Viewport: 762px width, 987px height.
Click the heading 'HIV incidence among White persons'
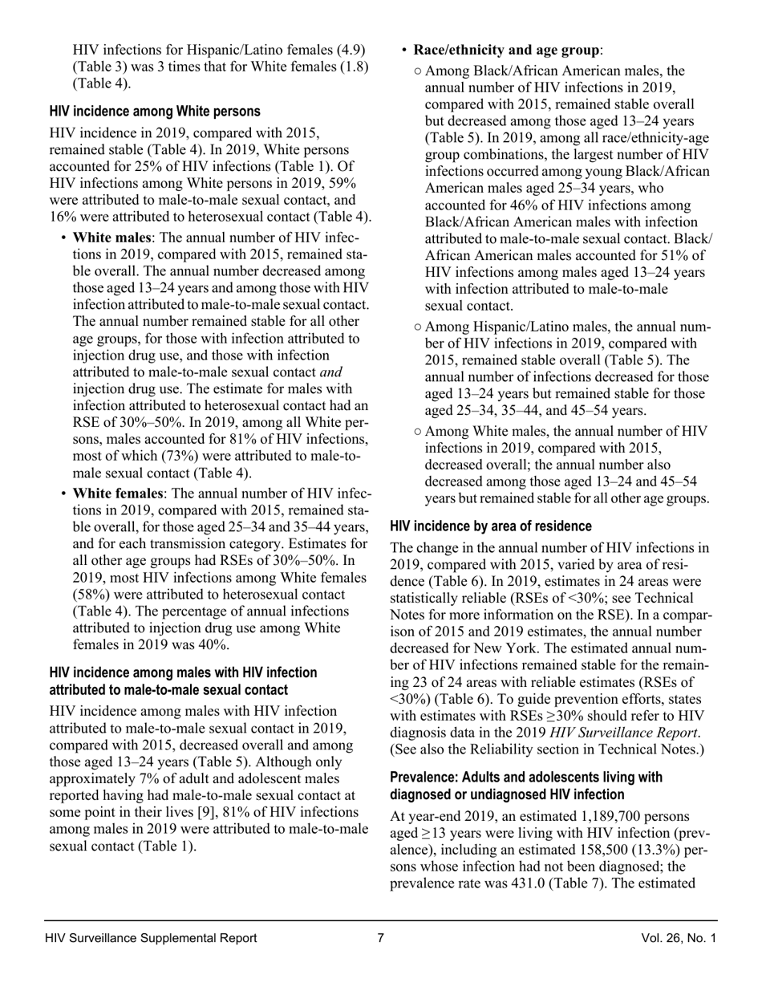[155, 112]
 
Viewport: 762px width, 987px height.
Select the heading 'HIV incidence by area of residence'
[491, 526]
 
